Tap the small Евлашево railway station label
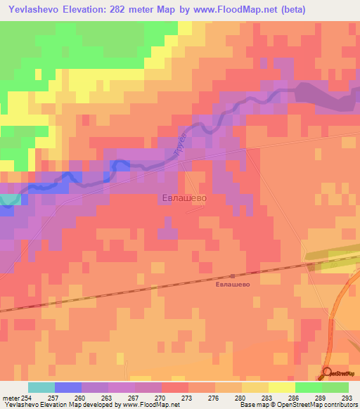pyautogui.click(x=233, y=285)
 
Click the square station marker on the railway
pyautogui.click(x=233, y=275)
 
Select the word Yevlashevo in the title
pyautogui.click(x=33, y=10)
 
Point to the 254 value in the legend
pyautogui.click(x=27, y=398)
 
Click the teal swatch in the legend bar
pyautogui.click(x=41, y=387)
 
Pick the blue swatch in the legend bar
pyautogui.click(x=67, y=387)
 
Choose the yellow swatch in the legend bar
pyautogui.click(x=281, y=387)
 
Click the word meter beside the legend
pyautogui.click(x=10, y=398)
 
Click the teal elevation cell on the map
pyautogui.click(x=8, y=200)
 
